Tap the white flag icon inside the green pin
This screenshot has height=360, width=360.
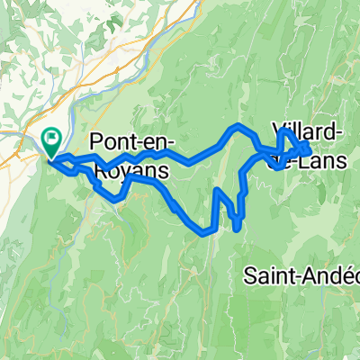pos(52,139)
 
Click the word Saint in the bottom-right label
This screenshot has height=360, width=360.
pos(267,277)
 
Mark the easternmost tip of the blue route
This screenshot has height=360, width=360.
pos(310,146)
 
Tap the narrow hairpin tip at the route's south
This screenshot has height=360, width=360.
pos(237,229)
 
